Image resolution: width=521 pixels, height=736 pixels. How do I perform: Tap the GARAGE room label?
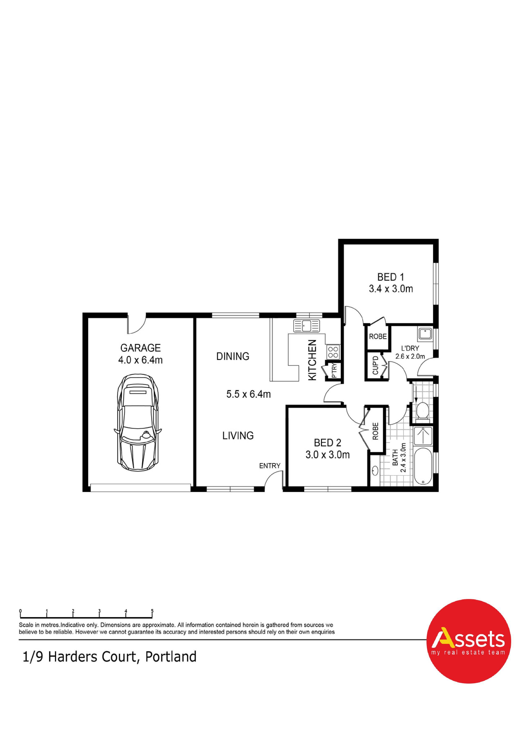140,348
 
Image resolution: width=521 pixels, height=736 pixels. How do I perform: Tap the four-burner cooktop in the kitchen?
333,352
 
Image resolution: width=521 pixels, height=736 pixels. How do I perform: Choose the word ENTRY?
270,466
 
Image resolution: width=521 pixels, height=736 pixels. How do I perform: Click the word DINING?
233,356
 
